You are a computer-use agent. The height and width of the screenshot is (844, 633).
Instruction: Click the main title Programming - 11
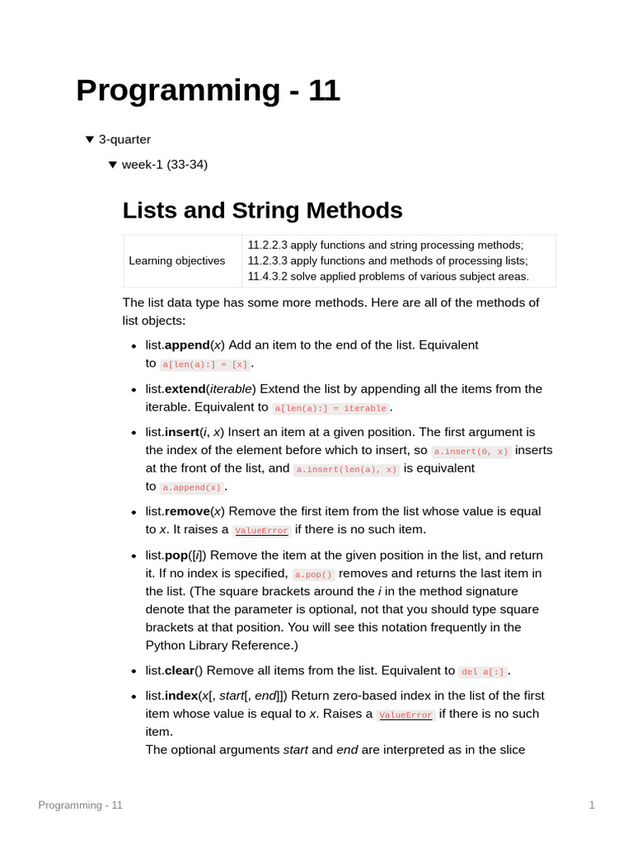(207, 91)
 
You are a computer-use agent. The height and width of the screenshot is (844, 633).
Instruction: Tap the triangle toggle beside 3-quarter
(90, 140)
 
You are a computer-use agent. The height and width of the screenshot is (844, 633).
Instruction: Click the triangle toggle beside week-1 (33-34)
(113, 165)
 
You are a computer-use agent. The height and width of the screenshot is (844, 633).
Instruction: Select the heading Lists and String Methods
(262, 210)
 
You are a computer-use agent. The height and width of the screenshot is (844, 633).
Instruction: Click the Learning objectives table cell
(177, 260)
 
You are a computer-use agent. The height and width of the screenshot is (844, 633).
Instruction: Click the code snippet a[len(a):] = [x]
(204, 364)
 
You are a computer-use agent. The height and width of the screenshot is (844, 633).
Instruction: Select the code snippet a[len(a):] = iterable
(331, 409)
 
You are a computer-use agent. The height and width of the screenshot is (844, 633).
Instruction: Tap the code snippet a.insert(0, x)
(471, 452)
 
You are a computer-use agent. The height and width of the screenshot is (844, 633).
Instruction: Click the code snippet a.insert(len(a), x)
(346, 470)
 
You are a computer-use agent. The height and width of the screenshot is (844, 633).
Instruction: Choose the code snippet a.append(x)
(191, 488)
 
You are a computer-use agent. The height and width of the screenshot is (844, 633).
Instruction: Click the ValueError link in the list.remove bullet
(261, 531)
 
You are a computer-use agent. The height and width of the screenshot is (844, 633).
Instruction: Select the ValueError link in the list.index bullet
(406, 715)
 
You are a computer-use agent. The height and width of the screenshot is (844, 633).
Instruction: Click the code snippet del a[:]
(482, 673)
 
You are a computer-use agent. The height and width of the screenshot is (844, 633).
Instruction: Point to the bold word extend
(185, 389)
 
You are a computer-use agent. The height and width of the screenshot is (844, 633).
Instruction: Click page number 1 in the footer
(592, 805)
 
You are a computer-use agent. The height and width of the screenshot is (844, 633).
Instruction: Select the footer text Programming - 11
(80, 805)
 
